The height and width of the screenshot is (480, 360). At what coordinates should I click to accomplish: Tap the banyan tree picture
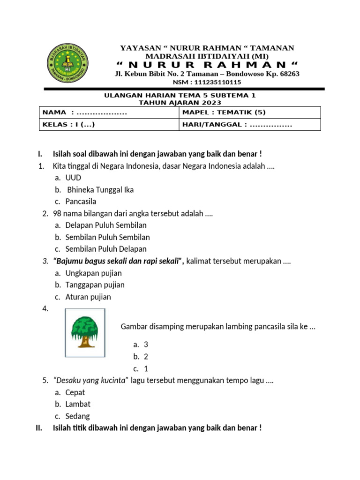pos(85,332)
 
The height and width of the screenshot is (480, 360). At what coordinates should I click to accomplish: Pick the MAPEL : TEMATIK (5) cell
pos(249,112)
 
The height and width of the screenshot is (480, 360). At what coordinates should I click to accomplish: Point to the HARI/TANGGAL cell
pos(249,125)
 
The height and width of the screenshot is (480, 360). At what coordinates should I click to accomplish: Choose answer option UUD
pos(73,178)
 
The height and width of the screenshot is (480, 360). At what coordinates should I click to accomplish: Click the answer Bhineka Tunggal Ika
pos(100,190)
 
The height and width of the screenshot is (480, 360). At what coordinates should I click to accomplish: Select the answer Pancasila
pos(81,202)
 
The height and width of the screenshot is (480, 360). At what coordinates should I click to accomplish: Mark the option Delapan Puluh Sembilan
pos(106,225)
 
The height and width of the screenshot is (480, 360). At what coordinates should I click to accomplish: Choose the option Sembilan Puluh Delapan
pos(106,249)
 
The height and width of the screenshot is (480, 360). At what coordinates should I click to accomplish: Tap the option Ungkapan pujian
pos(94,273)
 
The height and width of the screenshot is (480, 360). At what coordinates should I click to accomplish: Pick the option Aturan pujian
pos(88,297)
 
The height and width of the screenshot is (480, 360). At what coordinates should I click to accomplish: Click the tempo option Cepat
pos(75,392)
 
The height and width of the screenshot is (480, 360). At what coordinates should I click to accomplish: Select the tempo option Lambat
pos(78,404)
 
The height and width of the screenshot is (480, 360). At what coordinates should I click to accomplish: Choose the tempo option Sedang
pos(77,416)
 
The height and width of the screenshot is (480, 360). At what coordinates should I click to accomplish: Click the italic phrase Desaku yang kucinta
pos(91,380)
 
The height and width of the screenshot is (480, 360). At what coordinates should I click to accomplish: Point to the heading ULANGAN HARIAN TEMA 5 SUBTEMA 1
pos(180,96)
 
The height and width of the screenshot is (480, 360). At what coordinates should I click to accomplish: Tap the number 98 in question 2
pos(57,214)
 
